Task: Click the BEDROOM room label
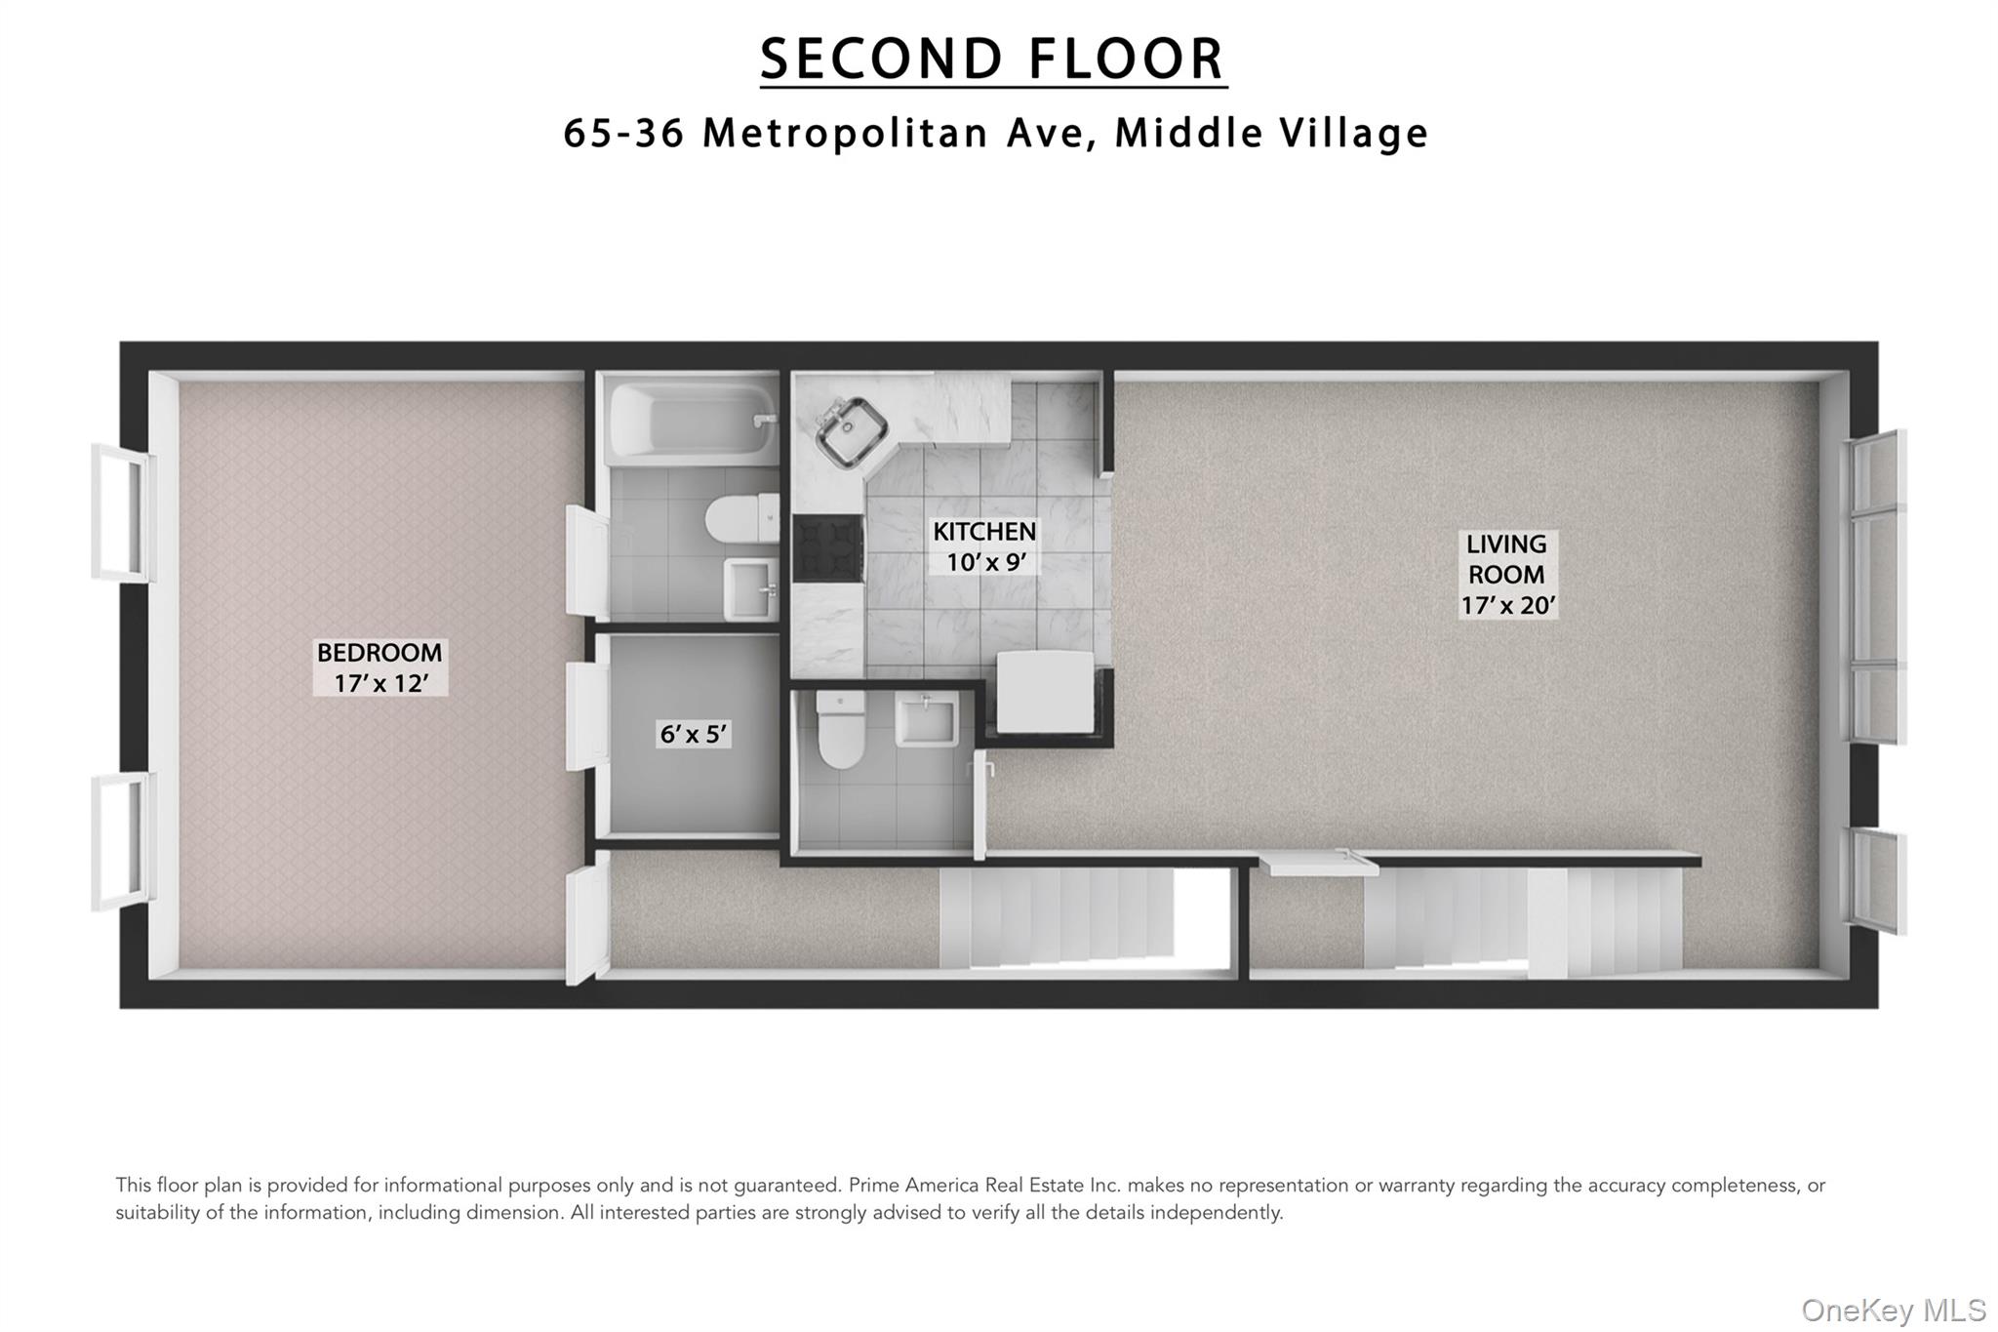(380, 652)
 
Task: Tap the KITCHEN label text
(984, 532)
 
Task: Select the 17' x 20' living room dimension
(1507, 605)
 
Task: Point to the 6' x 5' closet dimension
(694, 734)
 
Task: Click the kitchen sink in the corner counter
(850, 429)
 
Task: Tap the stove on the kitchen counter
(827, 547)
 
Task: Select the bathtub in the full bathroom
(691, 424)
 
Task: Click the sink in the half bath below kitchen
(926, 720)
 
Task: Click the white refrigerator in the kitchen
(1045, 691)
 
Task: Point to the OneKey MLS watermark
(1894, 1310)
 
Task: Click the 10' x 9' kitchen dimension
(984, 562)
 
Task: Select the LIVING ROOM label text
(1506, 559)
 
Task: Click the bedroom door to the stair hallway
(588, 917)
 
